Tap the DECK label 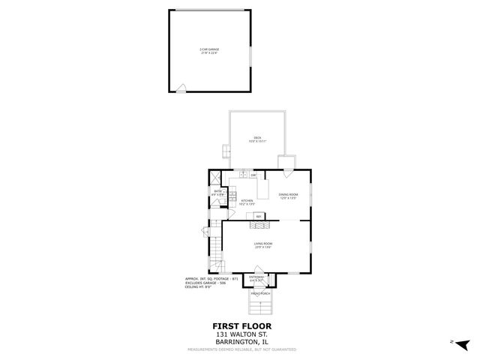pos(256,139)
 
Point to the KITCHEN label pos(247,202)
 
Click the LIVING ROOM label pos(262,245)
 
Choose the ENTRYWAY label pos(256,278)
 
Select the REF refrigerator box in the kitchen pos(259,216)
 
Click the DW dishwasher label pos(254,175)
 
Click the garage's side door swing pos(181,88)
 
